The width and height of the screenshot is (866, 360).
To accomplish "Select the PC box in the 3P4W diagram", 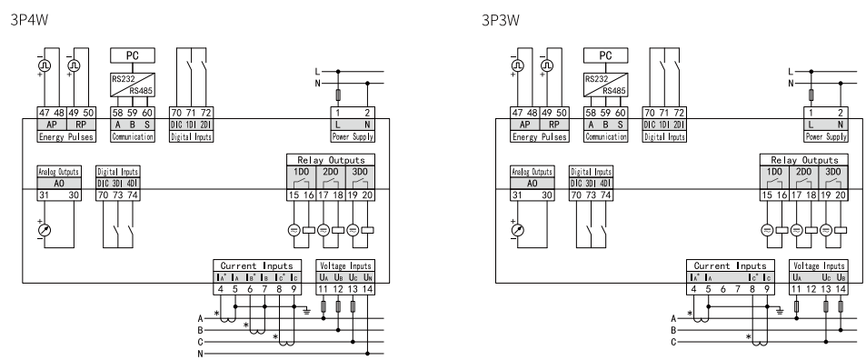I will coord(126,55).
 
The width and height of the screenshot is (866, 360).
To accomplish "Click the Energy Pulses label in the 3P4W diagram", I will coord(61,137).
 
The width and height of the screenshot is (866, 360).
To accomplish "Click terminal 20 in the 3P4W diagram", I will coord(369,195).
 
